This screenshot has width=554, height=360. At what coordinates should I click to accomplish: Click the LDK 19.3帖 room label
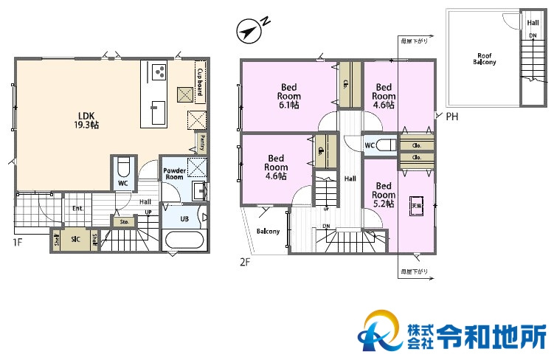click(88, 120)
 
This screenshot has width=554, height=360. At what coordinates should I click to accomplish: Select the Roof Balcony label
click(485, 59)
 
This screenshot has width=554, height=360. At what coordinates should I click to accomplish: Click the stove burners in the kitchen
click(159, 72)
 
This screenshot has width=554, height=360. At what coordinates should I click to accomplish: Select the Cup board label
click(200, 77)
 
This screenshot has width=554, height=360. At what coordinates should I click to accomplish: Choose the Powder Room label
click(173, 174)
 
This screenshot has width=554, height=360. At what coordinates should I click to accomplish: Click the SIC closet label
click(75, 239)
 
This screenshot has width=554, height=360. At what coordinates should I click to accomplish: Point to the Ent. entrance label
click(77, 208)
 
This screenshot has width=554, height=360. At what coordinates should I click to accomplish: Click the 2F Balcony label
click(268, 232)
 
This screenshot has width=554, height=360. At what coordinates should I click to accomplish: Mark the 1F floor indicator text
click(16, 241)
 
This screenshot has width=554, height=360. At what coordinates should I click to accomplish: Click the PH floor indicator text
click(451, 116)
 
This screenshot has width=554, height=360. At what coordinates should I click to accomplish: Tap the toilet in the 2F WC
click(385, 145)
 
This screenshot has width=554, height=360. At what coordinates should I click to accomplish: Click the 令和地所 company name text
click(491, 336)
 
